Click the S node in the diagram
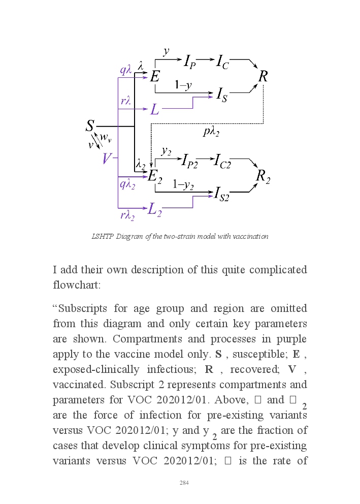coord(90,126)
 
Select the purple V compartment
coord(106,159)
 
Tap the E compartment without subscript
coord(155,77)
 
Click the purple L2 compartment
coord(155,209)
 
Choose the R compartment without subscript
coord(263,77)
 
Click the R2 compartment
coord(263,176)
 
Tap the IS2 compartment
coord(221,194)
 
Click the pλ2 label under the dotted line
coord(211,132)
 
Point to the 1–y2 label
coord(183,185)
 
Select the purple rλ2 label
coord(127,215)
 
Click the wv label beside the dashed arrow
coord(106,137)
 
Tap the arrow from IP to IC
coord(205,60)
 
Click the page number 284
coord(184,483)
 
